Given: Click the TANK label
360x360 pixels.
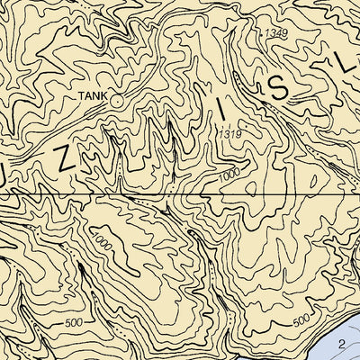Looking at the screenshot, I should point(92,94).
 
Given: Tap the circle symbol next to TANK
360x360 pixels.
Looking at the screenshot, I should point(116,101).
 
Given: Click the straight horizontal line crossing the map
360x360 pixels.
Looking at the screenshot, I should point(180,193).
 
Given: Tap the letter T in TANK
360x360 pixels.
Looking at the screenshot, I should point(81,94).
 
